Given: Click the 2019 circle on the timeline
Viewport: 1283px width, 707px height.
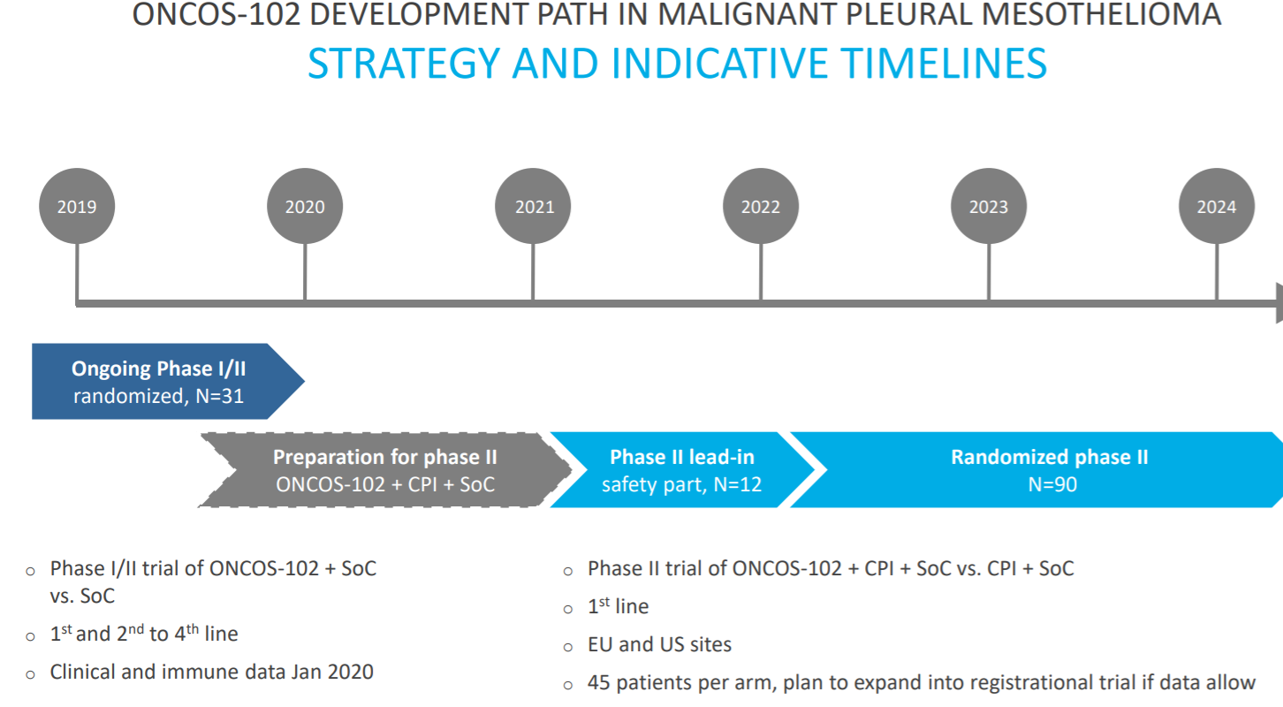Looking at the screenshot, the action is pyautogui.click(x=77, y=206).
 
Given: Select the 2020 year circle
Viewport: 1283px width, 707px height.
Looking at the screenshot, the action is pyautogui.click(x=305, y=206).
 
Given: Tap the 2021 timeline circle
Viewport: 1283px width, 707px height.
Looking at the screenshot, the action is pyautogui.click(x=533, y=206).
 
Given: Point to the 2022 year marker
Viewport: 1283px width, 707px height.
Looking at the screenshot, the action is pyautogui.click(x=761, y=206).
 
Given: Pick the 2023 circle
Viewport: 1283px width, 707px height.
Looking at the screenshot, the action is pyautogui.click(x=989, y=206).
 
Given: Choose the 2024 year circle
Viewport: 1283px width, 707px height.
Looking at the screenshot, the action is pyautogui.click(x=1217, y=206).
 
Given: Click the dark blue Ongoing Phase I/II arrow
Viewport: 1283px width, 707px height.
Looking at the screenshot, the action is pyautogui.click(x=166, y=382).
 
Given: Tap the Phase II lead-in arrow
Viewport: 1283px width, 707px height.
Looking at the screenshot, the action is pyautogui.click(x=681, y=470).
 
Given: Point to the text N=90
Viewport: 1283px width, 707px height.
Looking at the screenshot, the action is pyautogui.click(x=1052, y=484).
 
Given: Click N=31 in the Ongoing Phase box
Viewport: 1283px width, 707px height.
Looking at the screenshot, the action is pyautogui.click(x=220, y=396).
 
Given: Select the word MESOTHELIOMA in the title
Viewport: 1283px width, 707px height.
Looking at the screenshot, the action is pyautogui.click(x=1102, y=14).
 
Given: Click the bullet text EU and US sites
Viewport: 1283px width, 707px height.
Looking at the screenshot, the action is pyautogui.click(x=659, y=644).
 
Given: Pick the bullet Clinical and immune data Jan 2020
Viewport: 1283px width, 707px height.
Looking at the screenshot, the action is pyautogui.click(x=211, y=672).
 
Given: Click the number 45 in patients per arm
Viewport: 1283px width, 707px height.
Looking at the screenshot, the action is pyautogui.click(x=598, y=682).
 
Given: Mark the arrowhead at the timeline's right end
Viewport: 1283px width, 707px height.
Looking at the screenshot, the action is pyautogui.click(x=1279, y=303).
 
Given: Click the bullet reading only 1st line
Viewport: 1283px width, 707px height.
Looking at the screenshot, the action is pyautogui.click(x=618, y=606).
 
